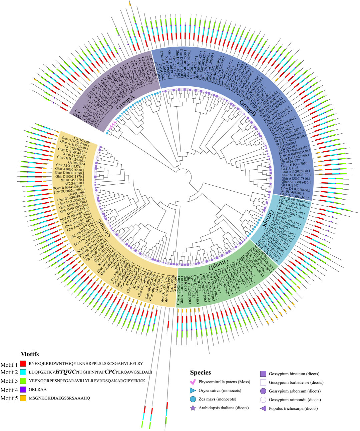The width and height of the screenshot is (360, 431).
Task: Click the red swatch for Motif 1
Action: (x=23, y=363)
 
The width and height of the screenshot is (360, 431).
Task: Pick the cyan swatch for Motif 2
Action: (x=23, y=372)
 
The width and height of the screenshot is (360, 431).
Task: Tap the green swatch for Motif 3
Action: (x=23, y=381)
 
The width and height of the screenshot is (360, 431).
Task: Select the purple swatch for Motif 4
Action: (x=23, y=390)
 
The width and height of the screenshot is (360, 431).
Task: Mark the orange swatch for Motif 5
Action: (x=23, y=398)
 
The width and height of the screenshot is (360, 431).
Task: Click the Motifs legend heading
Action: (x=29, y=354)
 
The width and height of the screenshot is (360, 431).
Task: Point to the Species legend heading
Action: (x=201, y=372)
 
